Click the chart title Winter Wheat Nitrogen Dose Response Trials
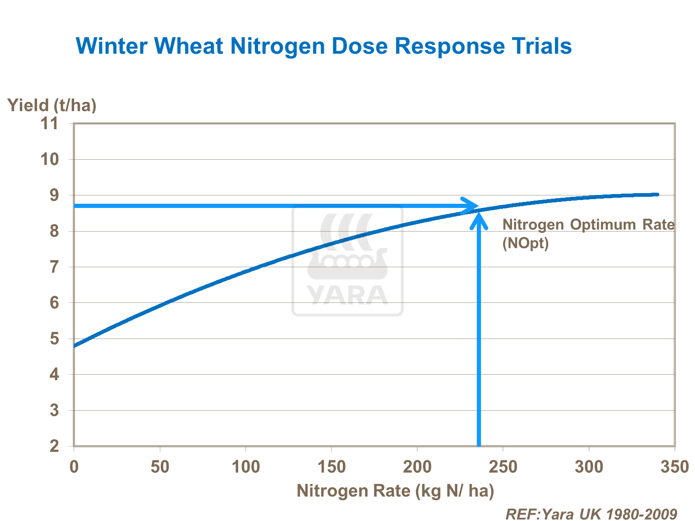point(323,46)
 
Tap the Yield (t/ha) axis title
point(52,106)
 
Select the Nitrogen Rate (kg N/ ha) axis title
point(395,491)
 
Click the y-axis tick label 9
point(54,195)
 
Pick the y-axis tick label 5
point(54,339)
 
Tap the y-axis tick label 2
point(54,446)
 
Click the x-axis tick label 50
point(160,467)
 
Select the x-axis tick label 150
point(331,467)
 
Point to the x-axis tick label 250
point(503,467)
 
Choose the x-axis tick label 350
point(675,467)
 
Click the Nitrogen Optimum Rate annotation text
point(588,225)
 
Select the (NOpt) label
point(525,243)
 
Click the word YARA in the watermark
point(347,295)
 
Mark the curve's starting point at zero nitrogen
point(75,345)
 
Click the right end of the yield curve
point(657,195)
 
